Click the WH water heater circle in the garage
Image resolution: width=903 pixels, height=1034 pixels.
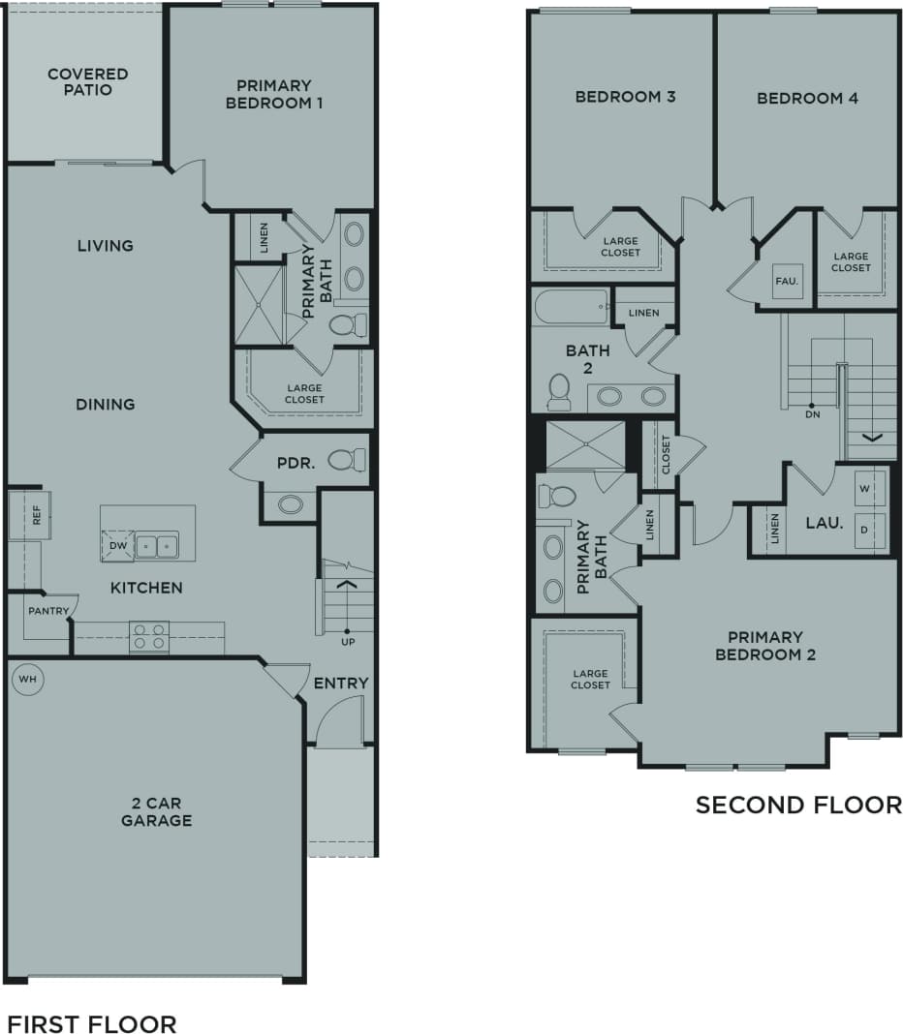pos(28,680)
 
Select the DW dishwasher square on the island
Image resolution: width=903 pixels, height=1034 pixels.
pos(117,545)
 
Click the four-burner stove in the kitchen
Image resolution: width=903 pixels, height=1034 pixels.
pos(148,636)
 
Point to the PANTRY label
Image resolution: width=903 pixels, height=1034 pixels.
pos(47,611)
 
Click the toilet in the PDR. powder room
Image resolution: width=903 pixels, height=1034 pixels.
pos(346,460)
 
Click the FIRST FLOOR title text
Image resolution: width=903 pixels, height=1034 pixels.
pos(92,1023)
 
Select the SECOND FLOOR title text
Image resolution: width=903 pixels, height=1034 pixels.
pos(798,805)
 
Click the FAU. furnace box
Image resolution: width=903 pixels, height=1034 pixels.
pos(786,281)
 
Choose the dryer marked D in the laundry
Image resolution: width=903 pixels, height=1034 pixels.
pos(865,531)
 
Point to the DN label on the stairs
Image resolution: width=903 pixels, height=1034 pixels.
pos(812,414)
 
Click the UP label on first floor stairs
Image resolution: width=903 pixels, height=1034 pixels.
pos(346,642)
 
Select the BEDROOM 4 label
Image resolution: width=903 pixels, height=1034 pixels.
pos(807,98)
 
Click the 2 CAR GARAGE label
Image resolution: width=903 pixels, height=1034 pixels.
pos(156,812)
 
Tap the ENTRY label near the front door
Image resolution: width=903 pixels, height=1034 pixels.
pos(341,684)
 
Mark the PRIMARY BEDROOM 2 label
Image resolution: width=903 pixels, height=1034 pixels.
pos(765,646)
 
